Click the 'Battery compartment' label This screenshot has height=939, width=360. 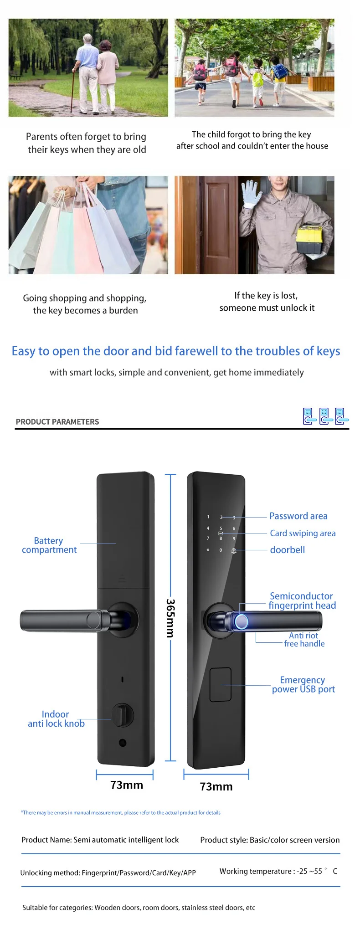click(49, 545)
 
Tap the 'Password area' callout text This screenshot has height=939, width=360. click(298, 516)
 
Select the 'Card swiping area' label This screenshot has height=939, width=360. click(303, 533)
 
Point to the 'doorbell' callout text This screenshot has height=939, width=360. click(287, 549)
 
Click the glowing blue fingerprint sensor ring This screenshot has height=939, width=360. click(241, 621)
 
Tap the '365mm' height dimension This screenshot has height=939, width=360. click(170, 618)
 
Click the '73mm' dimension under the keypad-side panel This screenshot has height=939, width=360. click(216, 786)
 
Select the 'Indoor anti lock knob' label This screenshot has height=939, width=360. click(56, 718)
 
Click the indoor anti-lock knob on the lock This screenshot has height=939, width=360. click(122, 715)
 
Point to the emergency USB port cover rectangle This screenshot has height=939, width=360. click(221, 684)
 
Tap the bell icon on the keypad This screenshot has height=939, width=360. click(234, 551)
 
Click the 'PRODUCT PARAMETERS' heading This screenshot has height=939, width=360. click(57, 421)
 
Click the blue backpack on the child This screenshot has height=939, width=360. click(278, 71)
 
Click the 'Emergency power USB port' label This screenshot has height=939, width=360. click(303, 684)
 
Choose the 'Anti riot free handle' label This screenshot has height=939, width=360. click(304, 639)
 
